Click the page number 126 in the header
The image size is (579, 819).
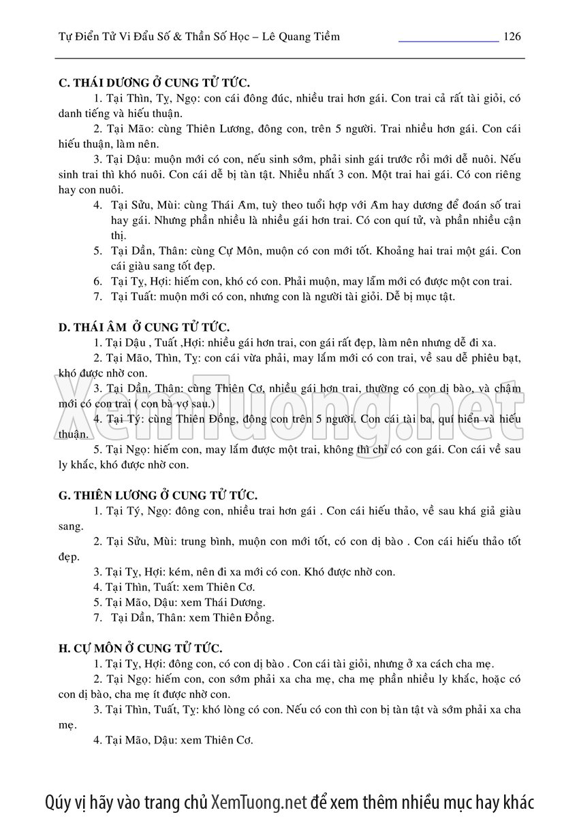pos(512,36)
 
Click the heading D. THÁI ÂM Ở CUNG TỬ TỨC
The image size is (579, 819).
pos(144,327)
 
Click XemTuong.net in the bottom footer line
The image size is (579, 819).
pos(260,801)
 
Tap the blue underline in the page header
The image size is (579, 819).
pos(448,41)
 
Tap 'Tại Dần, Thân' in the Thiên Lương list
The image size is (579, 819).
pos(143,618)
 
